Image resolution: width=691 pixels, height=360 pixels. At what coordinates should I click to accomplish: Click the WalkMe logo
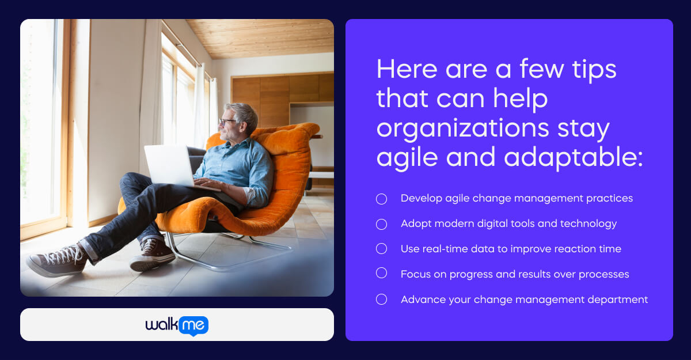point(177,325)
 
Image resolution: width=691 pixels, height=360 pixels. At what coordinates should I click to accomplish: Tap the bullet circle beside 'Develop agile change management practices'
point(381,199)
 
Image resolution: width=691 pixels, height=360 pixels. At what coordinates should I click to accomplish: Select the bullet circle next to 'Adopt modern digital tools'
point(381,224)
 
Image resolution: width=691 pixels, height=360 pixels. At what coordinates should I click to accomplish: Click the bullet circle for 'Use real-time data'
point(381,249)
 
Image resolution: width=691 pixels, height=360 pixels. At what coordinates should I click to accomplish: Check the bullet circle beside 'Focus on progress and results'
point(381,274)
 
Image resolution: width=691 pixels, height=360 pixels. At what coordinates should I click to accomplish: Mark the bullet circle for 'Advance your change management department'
point(381,299)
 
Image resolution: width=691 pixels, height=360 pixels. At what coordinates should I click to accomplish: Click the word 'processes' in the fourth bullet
point(603,274)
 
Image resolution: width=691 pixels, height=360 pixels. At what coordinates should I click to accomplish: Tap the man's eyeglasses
point(227,122)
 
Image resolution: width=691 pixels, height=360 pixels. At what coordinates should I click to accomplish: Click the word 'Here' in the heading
point(407,70)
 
